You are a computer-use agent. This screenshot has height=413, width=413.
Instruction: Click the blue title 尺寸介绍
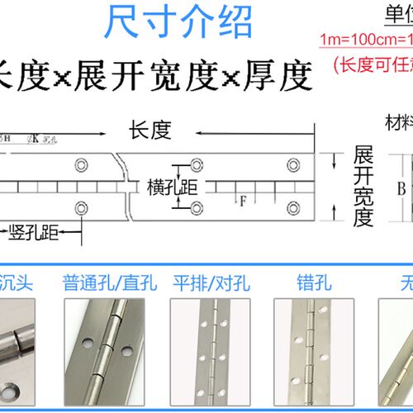pos(178,21)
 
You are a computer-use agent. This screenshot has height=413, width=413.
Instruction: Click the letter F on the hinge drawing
pos(244,198)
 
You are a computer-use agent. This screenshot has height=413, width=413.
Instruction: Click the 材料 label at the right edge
pos(399,124)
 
